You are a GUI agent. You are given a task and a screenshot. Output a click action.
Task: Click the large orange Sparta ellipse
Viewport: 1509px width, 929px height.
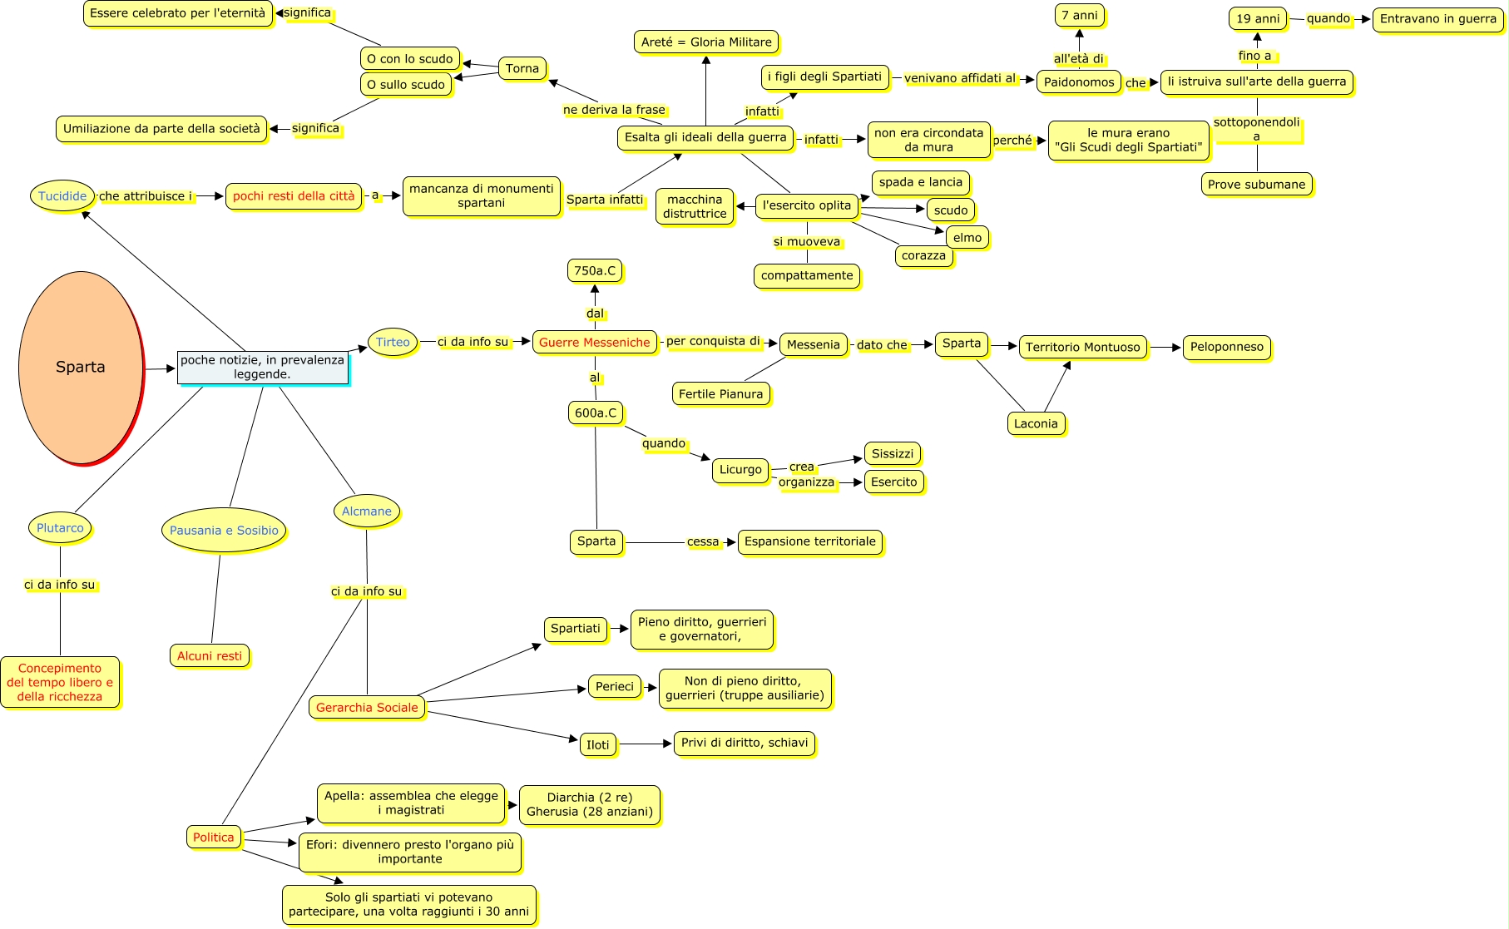click(x=81, y=367)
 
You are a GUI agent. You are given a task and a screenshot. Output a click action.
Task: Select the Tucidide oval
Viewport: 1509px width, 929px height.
click(x=62, y=196)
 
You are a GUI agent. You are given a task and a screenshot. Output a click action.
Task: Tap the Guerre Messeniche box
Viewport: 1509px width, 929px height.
click(x=594, y=342)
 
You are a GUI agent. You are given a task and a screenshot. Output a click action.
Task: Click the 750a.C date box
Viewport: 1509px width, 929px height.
click(x=595, y=270)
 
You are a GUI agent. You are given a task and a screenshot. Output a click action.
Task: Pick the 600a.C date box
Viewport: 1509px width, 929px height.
click(x=596, y=413)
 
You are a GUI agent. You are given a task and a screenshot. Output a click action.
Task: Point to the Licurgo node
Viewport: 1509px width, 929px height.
click(x=740, y=470)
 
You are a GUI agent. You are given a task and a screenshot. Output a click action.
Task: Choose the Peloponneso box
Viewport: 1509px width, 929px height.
click(x=1226, y=347)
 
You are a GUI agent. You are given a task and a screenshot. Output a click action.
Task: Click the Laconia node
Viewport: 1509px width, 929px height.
click(x=1036, y=423)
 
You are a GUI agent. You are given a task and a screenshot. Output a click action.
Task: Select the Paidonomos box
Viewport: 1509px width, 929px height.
click(x=1079, y=82)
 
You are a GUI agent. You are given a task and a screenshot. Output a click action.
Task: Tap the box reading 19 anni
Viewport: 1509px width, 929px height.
click(x=1258, y=18)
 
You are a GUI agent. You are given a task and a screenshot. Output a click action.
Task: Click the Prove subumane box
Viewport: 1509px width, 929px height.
click(x=1256, y=185)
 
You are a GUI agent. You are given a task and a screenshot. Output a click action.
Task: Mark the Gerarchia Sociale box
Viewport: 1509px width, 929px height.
click(x=367, y=708)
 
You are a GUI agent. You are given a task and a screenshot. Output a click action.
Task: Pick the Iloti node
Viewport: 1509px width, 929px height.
click(x=598, y=744)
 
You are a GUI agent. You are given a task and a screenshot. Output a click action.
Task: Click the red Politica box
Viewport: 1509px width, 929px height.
click(x=214, y=838)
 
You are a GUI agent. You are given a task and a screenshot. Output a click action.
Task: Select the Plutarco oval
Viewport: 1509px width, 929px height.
click(x=60, y=528)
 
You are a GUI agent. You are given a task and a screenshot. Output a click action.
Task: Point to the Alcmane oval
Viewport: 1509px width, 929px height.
click(x=366, y=511)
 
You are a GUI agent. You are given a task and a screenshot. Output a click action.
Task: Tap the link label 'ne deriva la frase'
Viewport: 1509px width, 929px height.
click(x=614, y=110)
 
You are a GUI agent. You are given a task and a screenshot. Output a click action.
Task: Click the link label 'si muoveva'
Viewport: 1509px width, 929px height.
click(x=807, y=242)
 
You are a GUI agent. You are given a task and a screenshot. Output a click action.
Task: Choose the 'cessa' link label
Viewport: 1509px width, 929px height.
click(x=703, y=541)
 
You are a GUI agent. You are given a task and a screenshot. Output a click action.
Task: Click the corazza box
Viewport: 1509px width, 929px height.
click(x=923, y=255)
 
